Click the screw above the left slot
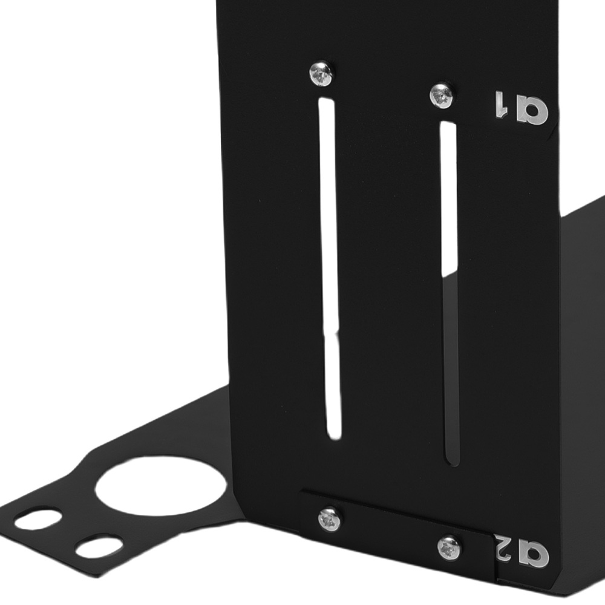(321, 74)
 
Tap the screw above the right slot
(442, 96)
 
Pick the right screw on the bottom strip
(449, 548)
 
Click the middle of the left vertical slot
(329, 266)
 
